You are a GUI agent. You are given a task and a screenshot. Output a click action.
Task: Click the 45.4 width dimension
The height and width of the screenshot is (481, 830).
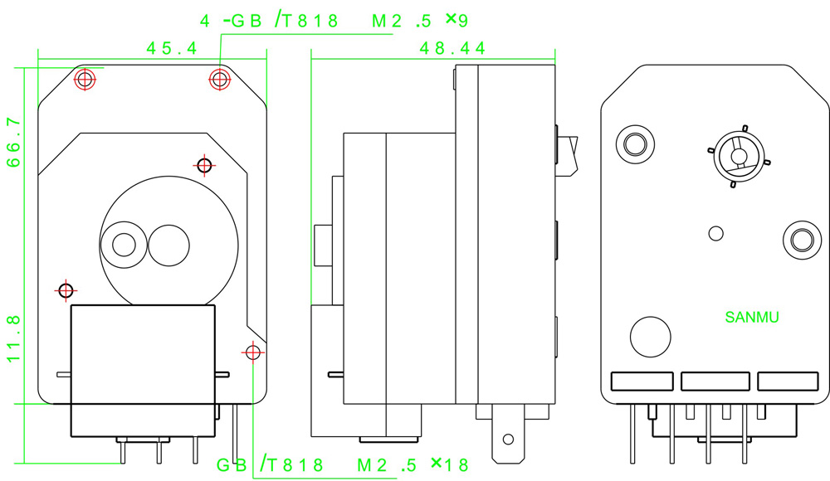[172, 49]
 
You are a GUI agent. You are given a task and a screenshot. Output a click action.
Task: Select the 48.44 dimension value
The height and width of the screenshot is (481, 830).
[452, 49]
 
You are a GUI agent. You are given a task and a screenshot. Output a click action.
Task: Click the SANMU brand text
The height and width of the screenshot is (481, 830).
[752, 317]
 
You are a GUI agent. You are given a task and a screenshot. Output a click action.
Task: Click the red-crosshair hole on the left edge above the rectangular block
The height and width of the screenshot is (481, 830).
[66, 290]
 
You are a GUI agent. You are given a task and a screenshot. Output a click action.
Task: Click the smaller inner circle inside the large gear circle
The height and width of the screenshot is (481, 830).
[124, 244]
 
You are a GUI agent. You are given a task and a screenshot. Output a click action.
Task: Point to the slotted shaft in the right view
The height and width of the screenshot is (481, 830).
[736, 155]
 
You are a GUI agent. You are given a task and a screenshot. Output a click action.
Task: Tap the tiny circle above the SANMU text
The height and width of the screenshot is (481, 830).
[716, 232]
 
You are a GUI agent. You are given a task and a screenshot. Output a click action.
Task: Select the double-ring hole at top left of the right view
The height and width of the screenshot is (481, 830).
[633, 143]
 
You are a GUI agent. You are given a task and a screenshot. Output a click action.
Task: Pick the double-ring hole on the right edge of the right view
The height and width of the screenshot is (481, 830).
[800, 240]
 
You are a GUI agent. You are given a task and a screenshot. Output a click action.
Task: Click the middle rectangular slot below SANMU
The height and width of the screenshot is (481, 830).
[715, 381]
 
